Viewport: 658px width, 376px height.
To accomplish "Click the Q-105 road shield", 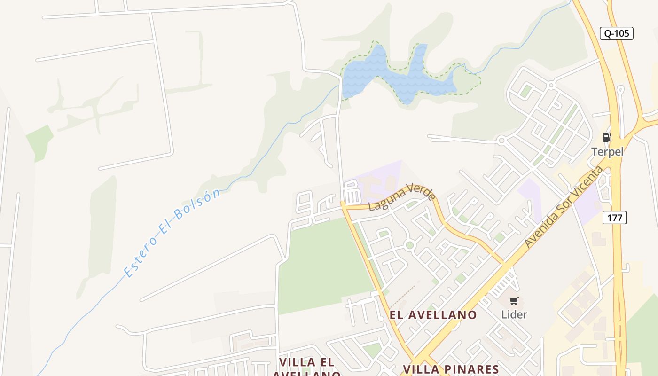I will [x=617, y=33].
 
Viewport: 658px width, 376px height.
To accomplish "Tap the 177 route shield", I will [x=614, y=218].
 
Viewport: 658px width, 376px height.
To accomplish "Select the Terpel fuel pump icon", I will [x=607, y=138].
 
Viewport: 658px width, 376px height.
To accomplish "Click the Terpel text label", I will [x=607, y=152].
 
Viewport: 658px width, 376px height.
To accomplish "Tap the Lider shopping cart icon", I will [x=514, y=301].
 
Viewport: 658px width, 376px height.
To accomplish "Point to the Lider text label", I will [x=514, y=314].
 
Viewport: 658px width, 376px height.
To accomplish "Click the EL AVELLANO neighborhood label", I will [x=433, y=315].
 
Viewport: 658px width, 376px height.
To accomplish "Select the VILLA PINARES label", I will [x=451, y=369].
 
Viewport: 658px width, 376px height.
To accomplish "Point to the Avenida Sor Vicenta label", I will [x=563, y=207].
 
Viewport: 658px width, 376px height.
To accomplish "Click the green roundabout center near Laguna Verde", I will [x=410, y=245].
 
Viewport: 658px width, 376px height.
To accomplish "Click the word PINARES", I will [x=471, y=369].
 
